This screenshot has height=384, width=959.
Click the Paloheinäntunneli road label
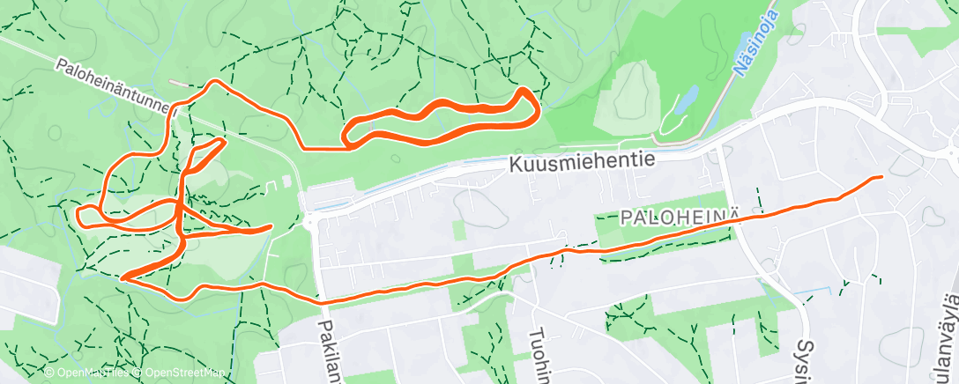pyautogui.click(x=115, y=88)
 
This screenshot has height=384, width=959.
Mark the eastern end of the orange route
pyautogui.click(x=880, y=177)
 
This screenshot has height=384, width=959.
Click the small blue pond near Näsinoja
pyautogui.click(x=687, y=99)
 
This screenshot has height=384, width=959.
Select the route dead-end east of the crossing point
pyautogui.click(x=269, y=227)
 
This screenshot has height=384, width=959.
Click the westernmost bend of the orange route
pyautogui.click(x=78, y=213)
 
